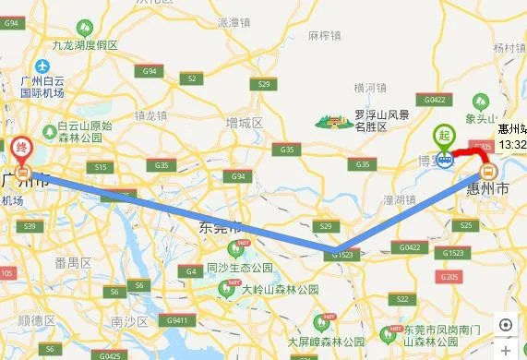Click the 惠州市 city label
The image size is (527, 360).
(x=490, y=188)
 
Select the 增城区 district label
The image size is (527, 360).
(x=245, y=123)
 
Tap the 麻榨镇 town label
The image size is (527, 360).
(x=324, y=37)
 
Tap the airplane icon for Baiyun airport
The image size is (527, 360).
(x=42, y=67)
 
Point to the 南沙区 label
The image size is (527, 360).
(x=122, y=322)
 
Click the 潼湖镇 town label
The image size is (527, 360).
(x=402, y=198)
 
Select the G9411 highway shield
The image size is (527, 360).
(x=179, y=321)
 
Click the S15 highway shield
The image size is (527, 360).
(x=101, y=166)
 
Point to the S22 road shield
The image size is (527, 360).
(x=399, y=299)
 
